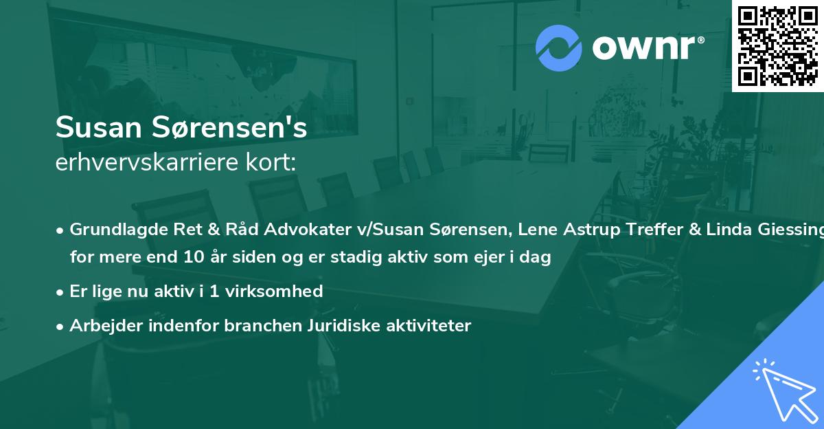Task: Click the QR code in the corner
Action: click(777, 45)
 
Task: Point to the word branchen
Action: click(252, 325)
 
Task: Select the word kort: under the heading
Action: click(273, 164)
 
